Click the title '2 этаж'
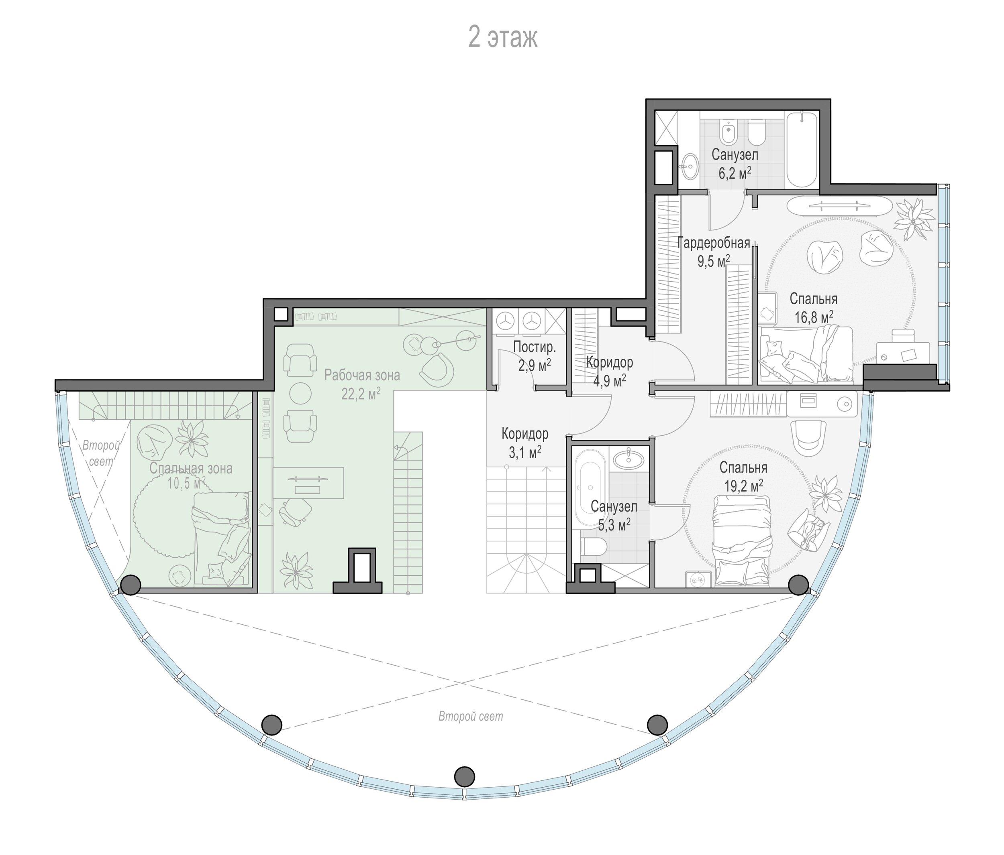502,38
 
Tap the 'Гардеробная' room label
714,243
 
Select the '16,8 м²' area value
814,317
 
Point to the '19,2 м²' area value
744,485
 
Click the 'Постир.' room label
534,347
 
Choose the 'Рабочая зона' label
362,375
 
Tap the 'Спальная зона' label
191,469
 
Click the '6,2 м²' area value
735,173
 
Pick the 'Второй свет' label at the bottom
471,717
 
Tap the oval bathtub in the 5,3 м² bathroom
589,489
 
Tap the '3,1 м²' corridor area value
525,453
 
